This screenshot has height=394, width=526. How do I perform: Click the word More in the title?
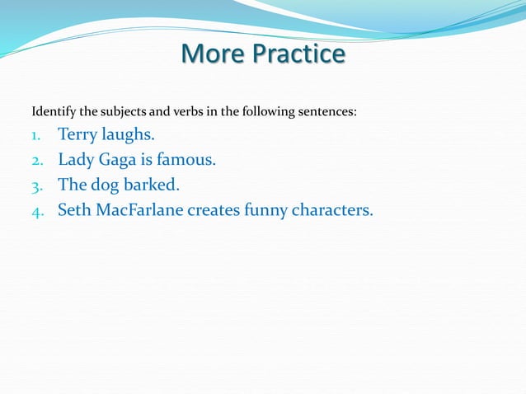point(209,54)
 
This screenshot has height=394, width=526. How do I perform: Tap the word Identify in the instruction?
point(52,111)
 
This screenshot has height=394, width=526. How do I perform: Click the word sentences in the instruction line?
point(328,111)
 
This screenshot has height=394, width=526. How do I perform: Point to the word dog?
point(106,185)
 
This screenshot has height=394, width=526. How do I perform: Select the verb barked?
point(151,185)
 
